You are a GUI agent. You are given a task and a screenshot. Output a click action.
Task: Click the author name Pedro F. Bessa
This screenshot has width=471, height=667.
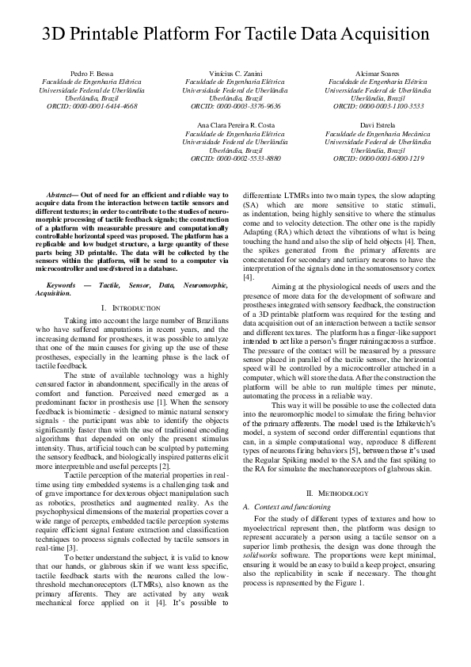(x=92, y=73)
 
